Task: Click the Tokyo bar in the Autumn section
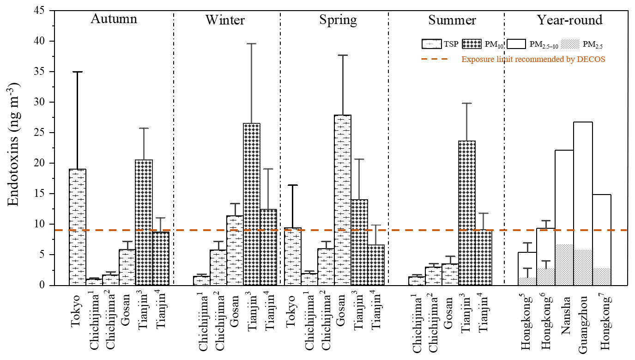point(78,226)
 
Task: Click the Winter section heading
point(225,20)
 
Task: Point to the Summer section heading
point(452,20)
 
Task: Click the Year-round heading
point(569,20)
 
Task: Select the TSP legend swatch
point(430,45)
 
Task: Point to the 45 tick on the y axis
point(44,11)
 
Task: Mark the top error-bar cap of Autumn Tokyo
point(78,72)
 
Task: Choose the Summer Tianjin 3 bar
point(467,213)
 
